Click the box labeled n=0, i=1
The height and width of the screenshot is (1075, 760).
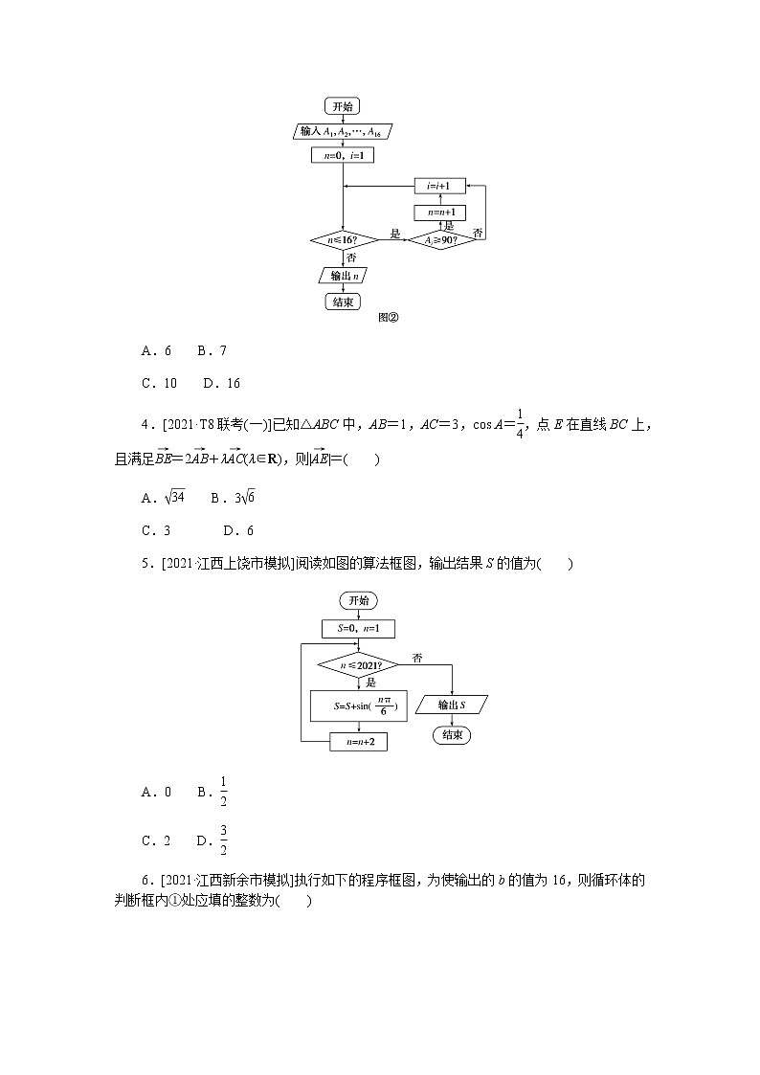(342, 155)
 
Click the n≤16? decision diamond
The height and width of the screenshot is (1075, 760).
(342, 239)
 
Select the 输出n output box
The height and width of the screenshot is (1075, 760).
(344, 276)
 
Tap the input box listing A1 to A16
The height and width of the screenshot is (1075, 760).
(343, 131)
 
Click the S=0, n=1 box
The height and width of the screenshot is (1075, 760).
(358, 629)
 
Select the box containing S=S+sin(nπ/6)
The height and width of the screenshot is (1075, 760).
(359, 706)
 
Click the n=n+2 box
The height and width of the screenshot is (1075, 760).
(358, 742)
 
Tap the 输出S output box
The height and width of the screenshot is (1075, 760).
(452, 705)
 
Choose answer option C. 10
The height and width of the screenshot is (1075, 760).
(159, 383)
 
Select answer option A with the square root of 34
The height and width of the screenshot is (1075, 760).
(163, 498)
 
